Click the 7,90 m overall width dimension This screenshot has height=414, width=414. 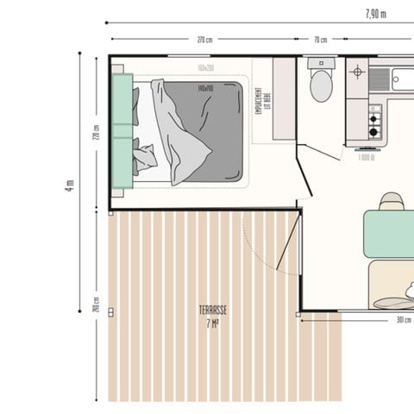[375, 13]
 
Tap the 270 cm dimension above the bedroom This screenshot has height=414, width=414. [204, 40]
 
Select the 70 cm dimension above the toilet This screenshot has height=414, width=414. [320, 40]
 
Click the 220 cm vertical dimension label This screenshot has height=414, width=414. [97, 134]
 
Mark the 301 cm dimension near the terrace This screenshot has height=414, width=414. [402, 320]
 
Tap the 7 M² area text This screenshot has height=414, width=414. [211, 323]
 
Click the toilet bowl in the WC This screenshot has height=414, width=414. [321, 85]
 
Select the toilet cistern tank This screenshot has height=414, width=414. [321, 63]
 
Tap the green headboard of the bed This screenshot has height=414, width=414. [122, 130]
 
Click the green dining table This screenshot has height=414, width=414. [390, 233]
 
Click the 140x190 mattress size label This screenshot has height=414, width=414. [205, 88]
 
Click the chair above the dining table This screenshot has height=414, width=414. [392, 201]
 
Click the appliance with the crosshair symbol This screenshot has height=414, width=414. [358, 70]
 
